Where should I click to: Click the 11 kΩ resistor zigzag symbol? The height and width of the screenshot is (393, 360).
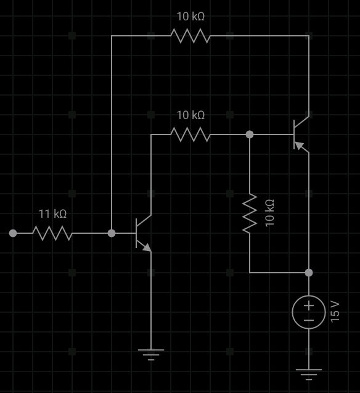point(52,233)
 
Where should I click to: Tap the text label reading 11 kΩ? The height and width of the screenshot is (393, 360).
point(52,214)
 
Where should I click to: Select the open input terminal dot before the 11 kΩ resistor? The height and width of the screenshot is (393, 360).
point(13,233)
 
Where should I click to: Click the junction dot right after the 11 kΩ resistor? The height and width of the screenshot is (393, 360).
point(112,233)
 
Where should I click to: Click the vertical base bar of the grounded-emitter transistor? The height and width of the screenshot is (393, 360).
point(136,233)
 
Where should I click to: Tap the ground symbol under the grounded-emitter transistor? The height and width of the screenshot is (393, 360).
point(151,354)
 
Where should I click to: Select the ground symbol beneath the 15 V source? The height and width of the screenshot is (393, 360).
point(308,373)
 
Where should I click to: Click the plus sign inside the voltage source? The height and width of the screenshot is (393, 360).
point(308,305)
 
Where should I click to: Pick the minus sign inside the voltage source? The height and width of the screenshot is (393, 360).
point(308,320)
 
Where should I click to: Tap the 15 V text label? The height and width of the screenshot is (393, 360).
point(335,312)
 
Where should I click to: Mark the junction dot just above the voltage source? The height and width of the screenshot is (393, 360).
point(308,272)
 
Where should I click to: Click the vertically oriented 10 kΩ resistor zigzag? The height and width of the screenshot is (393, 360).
point(250,213)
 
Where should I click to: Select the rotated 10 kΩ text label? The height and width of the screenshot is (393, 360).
point(269,213)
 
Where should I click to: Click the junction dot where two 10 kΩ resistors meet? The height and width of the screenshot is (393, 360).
point(250,134)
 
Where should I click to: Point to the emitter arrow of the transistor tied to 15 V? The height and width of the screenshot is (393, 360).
point(301,146)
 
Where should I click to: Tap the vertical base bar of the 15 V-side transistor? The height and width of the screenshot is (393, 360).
point(294,134)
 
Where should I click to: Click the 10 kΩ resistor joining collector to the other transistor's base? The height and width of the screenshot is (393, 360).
point(190,134)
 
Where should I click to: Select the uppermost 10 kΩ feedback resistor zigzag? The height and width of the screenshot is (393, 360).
point(190,36)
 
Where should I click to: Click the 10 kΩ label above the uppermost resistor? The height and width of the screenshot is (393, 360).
point(190,17)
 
